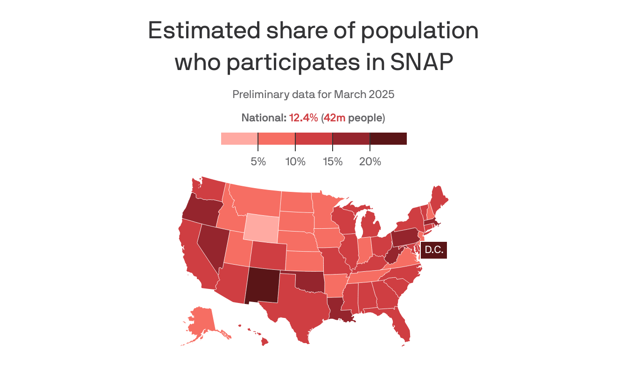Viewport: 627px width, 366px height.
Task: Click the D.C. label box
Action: pos(434,250)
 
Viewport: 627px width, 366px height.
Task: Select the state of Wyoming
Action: pos(261,227)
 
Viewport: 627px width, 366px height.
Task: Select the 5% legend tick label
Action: pos(258,162)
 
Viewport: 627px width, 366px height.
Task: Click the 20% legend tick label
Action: pos(370,162)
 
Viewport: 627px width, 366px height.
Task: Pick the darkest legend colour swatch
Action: pos(388,139)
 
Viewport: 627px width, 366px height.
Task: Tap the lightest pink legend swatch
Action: pos(239,139)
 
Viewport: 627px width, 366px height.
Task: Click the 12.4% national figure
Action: pos(304,118)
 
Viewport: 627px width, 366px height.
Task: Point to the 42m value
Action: pos(334,118)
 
